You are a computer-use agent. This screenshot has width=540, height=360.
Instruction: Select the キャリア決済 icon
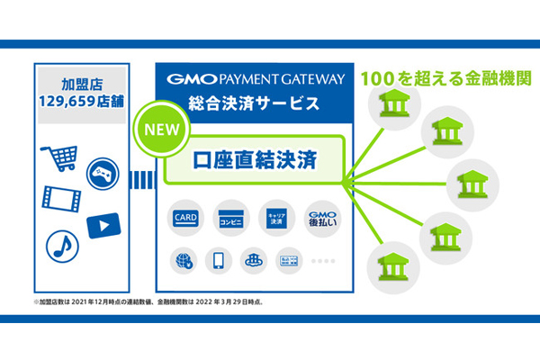pyautogui.click(x=276, y=217)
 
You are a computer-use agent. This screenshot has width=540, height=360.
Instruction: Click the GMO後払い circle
pyautogui.click(x=320, y=217)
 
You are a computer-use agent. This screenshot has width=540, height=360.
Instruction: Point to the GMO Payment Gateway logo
pyautogui.click(x=256, y=78)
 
